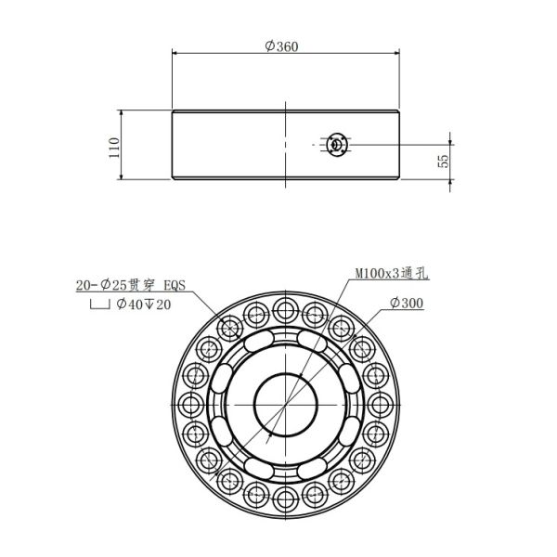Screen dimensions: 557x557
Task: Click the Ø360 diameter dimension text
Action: [x=282, y=46]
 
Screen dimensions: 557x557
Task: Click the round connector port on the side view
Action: [x=336, y=145]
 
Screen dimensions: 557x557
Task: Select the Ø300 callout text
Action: [x=408, y=304]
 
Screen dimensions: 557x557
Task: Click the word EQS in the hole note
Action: [x=176, y=287]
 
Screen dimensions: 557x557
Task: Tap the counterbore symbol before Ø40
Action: [x=97, y=305]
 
